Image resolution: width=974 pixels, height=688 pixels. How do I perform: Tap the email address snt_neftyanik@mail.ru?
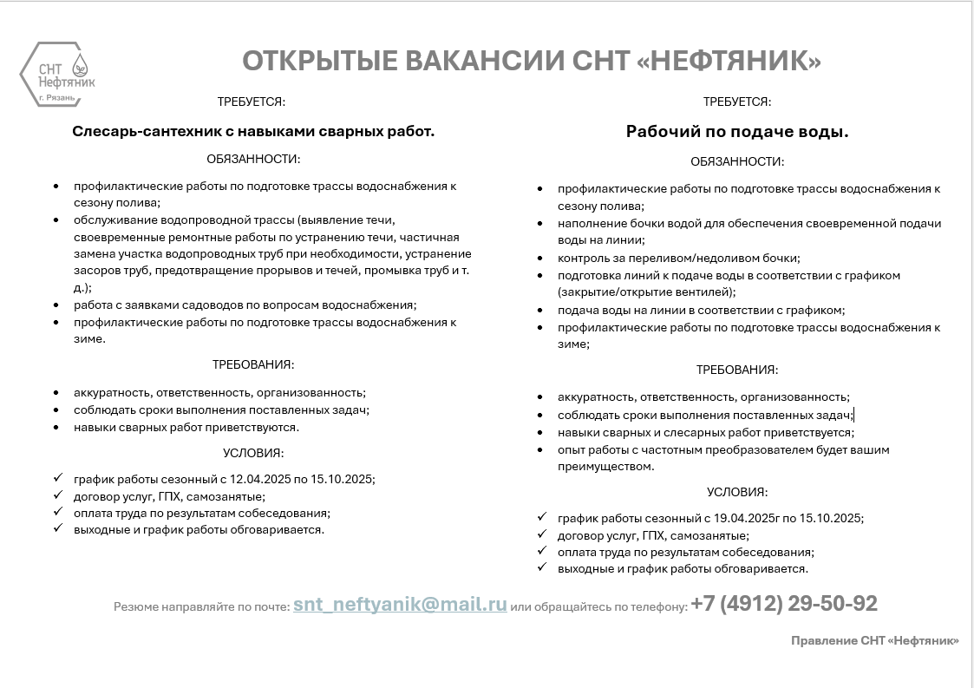point(400,605)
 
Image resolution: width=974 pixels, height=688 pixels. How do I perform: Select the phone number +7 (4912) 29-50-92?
point(784,604)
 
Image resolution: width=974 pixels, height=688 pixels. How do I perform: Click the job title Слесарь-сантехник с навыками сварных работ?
point(253,132)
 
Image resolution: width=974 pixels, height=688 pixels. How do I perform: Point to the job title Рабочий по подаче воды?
point(737,132)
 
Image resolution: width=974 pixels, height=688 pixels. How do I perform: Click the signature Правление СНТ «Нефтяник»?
point(874,640)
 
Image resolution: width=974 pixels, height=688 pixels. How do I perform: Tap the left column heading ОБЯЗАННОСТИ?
point(253,159)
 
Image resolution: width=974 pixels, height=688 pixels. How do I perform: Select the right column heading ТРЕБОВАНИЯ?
point(737,370)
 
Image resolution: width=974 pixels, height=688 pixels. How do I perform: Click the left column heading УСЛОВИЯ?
point(253,453)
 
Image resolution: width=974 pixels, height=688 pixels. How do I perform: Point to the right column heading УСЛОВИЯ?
point(737,492)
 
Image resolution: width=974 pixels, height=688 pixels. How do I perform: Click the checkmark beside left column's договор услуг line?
point(57,495)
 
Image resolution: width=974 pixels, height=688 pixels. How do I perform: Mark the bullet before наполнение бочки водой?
point(540,224)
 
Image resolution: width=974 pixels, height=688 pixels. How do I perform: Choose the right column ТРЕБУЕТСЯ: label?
point(737,102)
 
